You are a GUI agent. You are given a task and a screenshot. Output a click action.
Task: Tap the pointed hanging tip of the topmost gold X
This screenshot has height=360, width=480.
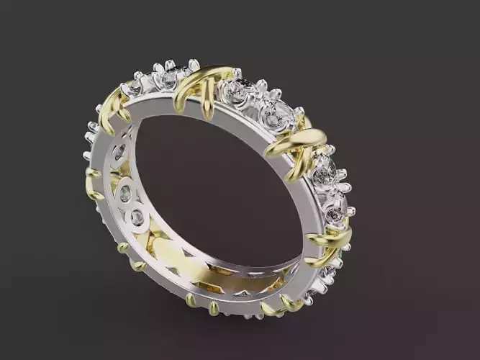click(208, 113)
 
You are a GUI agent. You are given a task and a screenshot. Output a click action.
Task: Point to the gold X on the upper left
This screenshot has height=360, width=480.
click(113, 107)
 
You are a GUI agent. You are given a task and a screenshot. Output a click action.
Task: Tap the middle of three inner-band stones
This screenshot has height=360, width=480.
click(126, 192)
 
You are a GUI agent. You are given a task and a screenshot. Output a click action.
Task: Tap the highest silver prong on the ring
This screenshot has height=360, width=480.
click(194, 64)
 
